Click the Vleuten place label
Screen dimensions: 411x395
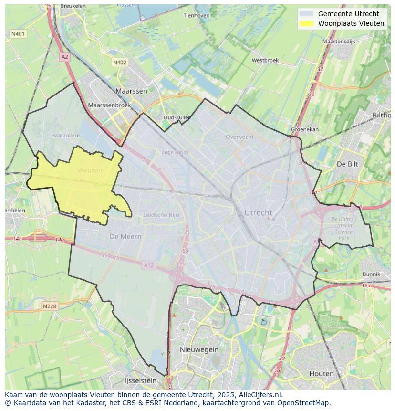[90, 170]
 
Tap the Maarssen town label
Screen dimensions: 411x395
[131, 91]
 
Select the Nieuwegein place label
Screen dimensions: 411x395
[199, 349]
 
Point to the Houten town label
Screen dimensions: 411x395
[321, 374]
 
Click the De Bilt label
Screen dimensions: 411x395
[347, 164]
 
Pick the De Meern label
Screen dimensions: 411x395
[125, 236]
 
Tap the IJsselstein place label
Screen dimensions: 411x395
[140, 381]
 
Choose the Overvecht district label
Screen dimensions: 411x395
[239, 137]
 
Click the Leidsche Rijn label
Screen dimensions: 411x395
[161, 215]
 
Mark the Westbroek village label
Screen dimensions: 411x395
[265, 61]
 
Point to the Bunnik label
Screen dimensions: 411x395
[371, 274]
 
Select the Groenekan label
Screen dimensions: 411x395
[305, 129]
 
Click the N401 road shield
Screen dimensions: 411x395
[18, 34]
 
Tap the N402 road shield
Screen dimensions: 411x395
[120, 63]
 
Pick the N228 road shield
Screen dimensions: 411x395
[50, 306]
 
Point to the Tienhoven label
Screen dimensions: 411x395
[197, 15]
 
